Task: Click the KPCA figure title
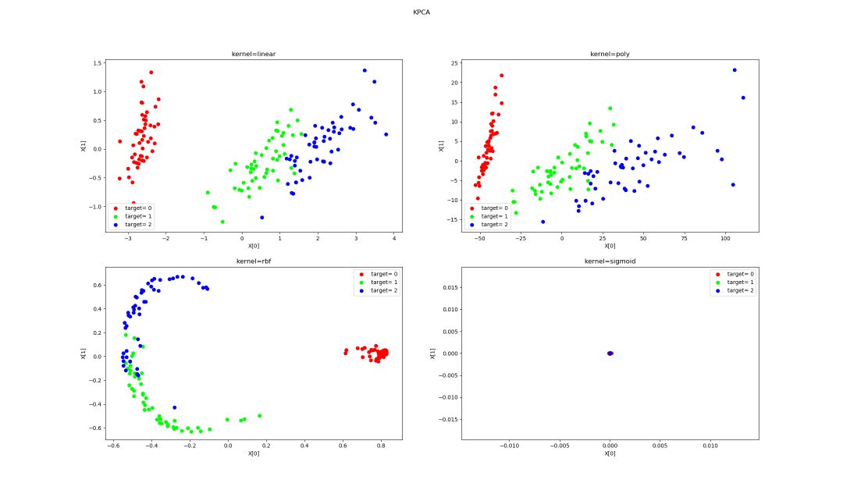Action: [421, 12]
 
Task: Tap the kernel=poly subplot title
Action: [610, 54]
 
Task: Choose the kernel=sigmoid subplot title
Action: [610, 261]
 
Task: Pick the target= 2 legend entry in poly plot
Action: [494, 225]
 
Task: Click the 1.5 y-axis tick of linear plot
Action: [98, 62]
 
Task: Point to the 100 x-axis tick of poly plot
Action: [724, 237]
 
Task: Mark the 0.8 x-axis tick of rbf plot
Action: [381, 446]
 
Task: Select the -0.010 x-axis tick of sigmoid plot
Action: [509, 446]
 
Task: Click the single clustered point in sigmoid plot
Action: [610, 354]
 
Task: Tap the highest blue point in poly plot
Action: [735, 70]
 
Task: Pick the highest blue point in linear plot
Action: [365, 70]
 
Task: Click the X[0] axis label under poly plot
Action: [610, 246]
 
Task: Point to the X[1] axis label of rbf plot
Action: [84, 354]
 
